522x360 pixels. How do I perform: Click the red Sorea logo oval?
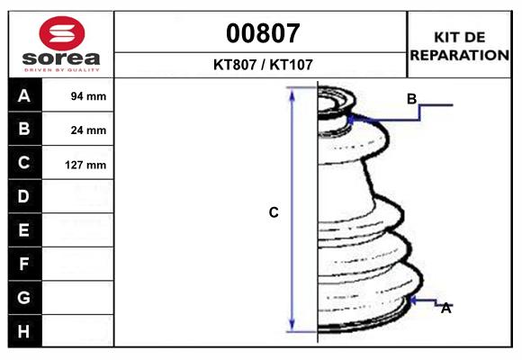[x=62, y=33]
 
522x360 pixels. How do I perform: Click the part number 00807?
[x=263, y=33]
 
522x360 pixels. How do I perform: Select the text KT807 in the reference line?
[x=235, y=65]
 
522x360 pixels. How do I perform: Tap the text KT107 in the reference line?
[x=291, y=65]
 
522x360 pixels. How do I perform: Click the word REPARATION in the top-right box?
[x=459, y=55]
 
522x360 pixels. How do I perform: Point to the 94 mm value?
[x=88, y=96]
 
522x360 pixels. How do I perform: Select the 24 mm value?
[x=88, y=130]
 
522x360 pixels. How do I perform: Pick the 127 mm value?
[x=85, y=165]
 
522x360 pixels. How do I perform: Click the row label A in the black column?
[x=24, y=96]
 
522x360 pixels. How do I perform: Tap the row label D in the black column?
[x=23, y=196]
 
